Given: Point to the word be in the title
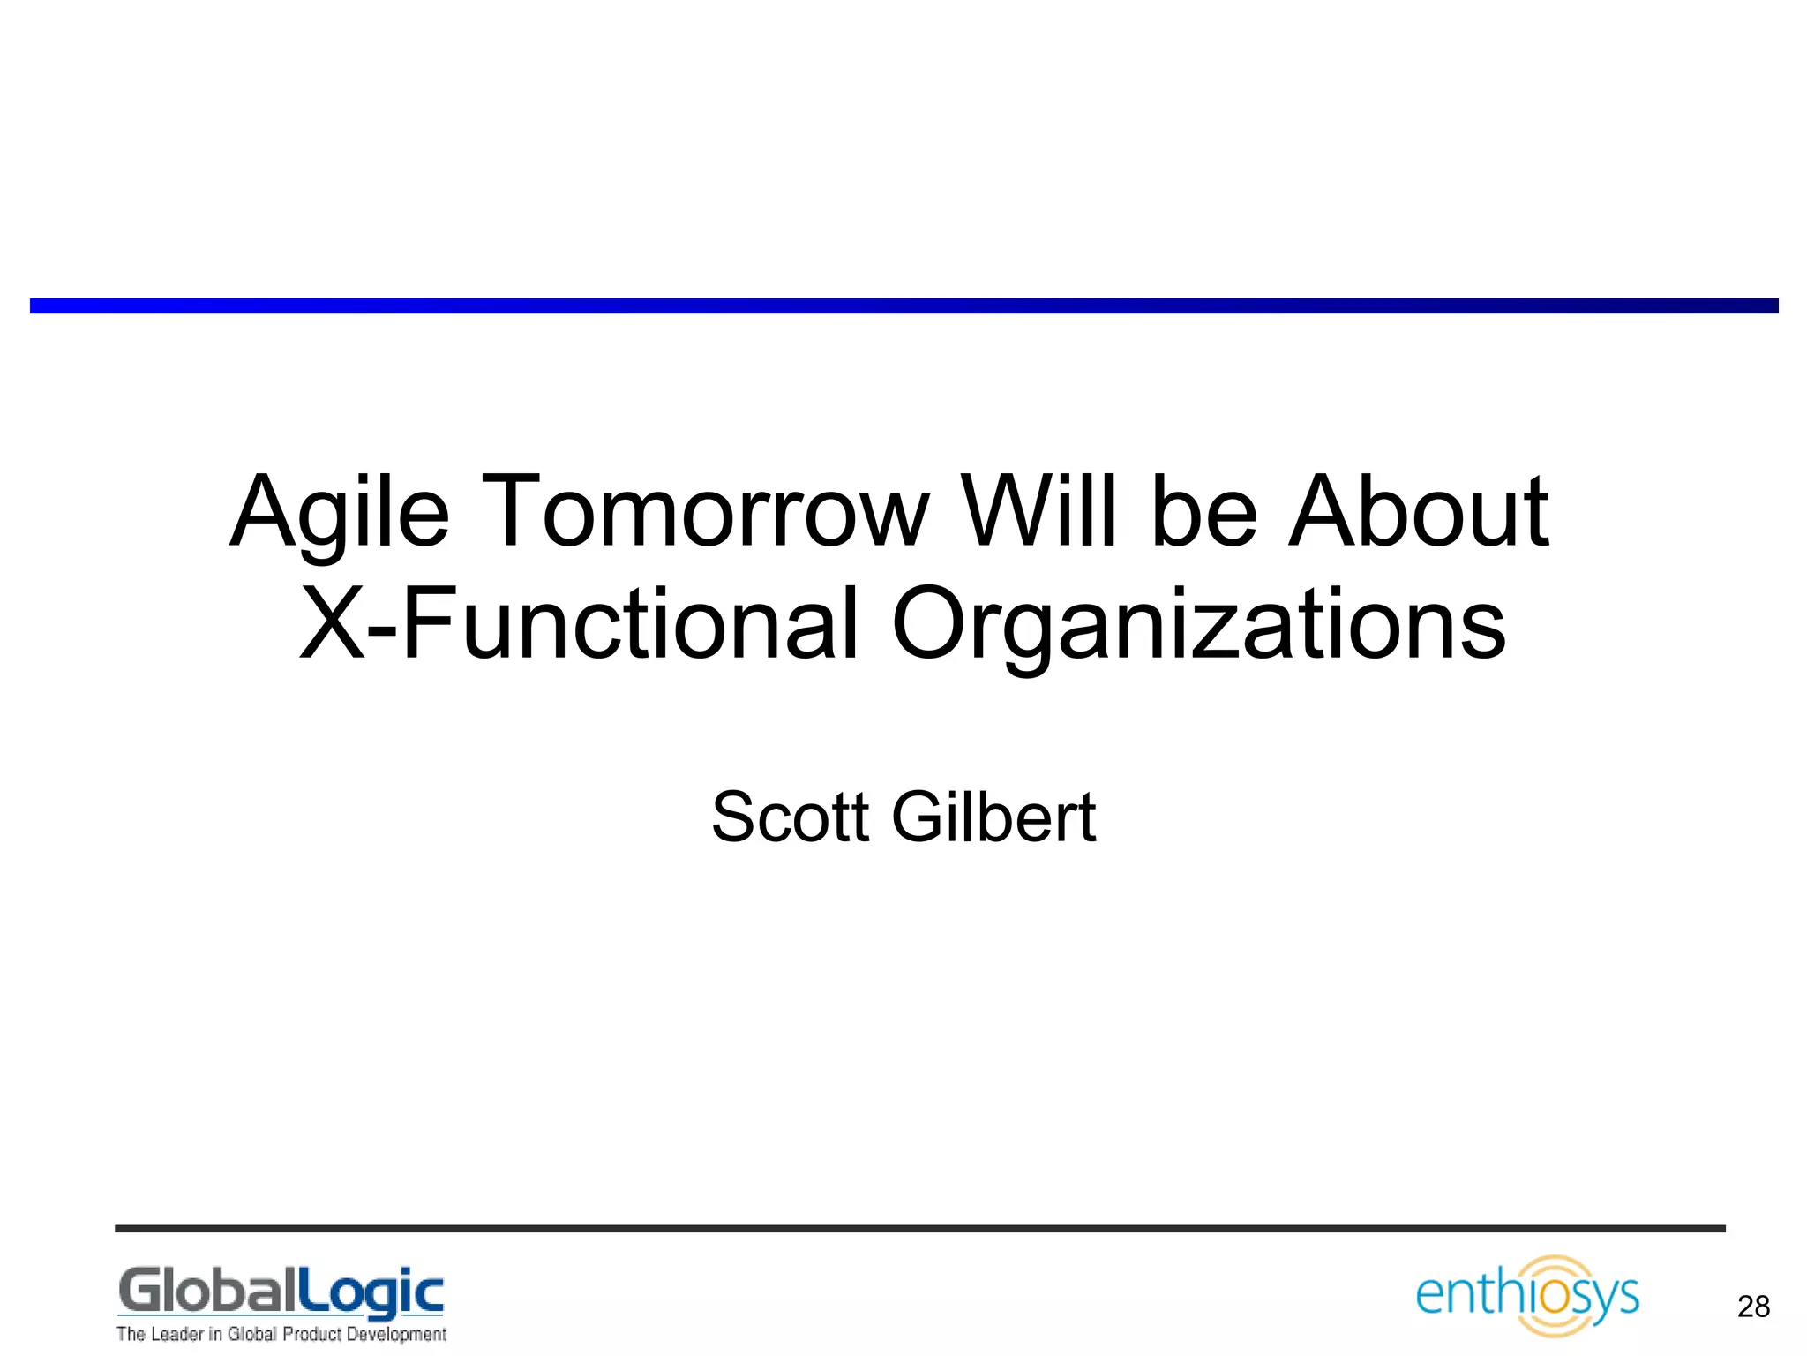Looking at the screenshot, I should (1205, 512).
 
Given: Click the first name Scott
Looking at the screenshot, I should (791, 817).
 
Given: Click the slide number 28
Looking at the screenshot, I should (1753, 1307).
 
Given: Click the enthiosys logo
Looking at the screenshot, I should (1527, 1296).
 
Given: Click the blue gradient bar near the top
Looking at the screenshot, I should (903, 305).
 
